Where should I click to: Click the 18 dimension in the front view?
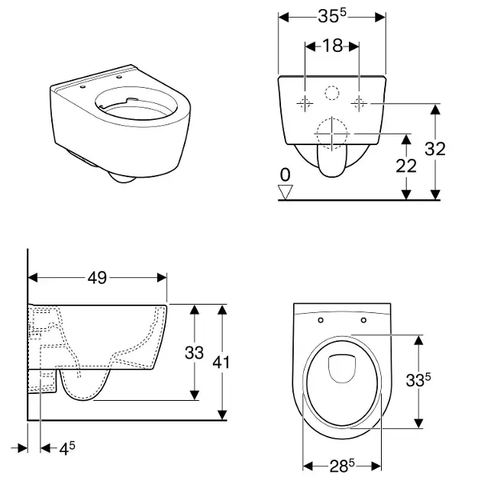(x=332, y=47)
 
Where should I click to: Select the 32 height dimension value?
(x=435, y=149)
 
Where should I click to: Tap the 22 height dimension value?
(x=407, y=166)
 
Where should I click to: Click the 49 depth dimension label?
(x=96, y=278)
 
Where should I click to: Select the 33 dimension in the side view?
(x=195, y=352)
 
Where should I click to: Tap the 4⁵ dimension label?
(x=69, y=450)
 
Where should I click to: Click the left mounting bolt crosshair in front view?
(x=305, y=103)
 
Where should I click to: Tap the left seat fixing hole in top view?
(x=321, y=319)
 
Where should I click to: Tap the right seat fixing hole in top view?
(x=363, y=319)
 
